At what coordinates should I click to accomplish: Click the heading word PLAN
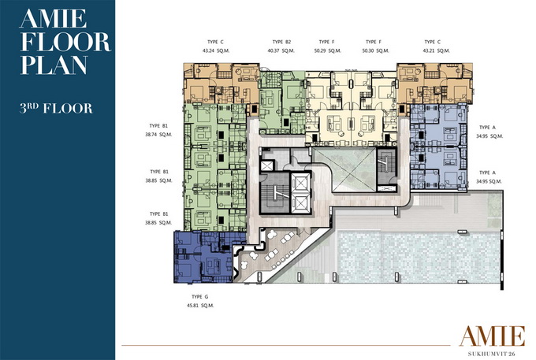click(x=54, y=65)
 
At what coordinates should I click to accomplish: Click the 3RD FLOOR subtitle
click(x=56, y=108)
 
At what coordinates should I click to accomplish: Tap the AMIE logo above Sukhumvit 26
click(x=492, y=336)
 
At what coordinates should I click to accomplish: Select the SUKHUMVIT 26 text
click(x=492, y=354)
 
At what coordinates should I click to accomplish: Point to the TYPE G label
click(x=200, y=297)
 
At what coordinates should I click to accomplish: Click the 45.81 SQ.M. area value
click(x=200, y=306)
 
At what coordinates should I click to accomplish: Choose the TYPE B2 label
click(x=281, y=42)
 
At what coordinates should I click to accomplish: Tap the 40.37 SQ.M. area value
click(x=281, y=50)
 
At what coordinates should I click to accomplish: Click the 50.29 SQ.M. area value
click(x=327, y=50)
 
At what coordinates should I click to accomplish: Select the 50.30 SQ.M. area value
click(x=376, y=50)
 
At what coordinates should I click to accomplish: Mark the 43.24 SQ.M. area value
click(x=216, y=50)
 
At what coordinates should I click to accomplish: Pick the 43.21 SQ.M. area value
click(x=436, y=50)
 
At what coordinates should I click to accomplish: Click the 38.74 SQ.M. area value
click(x=158, y=135)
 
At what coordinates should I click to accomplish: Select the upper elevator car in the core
click(x=300, y=184)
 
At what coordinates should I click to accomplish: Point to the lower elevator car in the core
click(x=300, y=203)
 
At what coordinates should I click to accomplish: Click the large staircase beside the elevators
click(x=274, y=193)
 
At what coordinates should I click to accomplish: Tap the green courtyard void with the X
click(x=344, y=169)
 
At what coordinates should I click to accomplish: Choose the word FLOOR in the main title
click(x=65, y=41)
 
